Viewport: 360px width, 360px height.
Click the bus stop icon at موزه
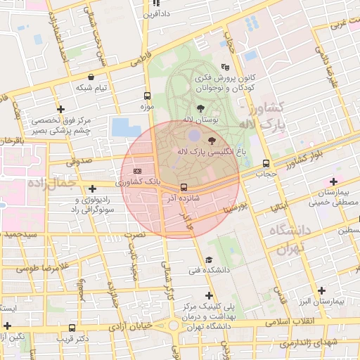[x=147, y=96]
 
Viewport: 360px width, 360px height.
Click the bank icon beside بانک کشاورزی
[x=137, y=171]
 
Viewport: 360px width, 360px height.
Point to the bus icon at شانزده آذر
[x=184, y=187]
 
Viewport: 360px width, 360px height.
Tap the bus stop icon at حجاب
[x=265, y=163]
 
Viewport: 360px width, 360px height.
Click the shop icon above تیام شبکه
[x=91, y=77]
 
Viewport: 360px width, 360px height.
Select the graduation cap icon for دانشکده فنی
[x=207, y=259]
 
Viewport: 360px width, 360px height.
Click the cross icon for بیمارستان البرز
[x=322, y=290]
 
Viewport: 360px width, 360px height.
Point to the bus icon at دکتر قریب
[x=72, y=328]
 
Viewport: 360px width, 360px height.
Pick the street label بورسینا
[x=233, y=207]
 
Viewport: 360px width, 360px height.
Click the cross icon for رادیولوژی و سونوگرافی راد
[x=92, y=188]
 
